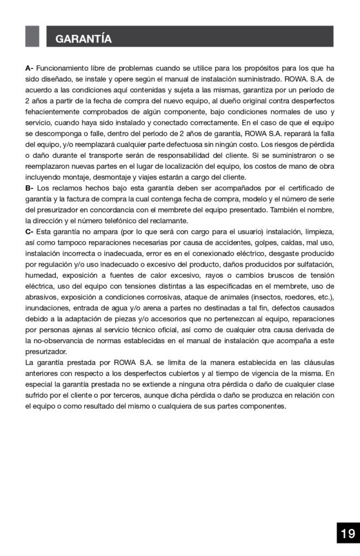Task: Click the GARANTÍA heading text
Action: pos(84,39)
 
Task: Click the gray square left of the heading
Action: pos(32,36)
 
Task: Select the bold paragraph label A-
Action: pos(29,68)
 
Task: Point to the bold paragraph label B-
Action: pos(29,188)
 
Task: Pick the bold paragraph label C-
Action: pos(29,232)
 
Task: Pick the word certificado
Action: pos(306,188)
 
